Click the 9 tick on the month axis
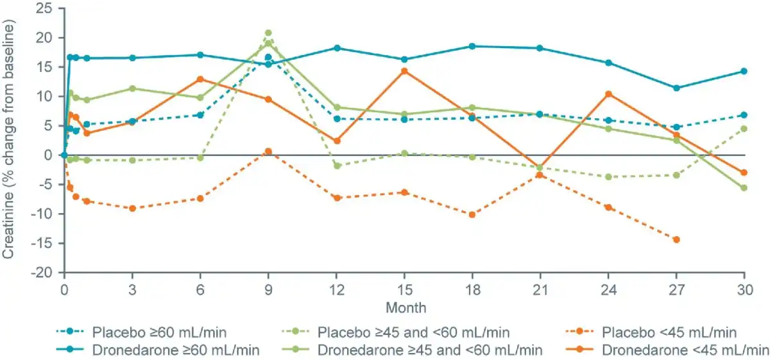[268, 288]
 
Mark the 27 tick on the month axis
[676, 288]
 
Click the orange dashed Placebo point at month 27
[676, 239]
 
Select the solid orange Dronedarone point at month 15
[404, 71]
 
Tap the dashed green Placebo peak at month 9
[268, 33]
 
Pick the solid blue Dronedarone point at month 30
[744, 71]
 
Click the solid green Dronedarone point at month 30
[744, 188]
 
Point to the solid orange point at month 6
[200, 79]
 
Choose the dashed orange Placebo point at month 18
[472, 214]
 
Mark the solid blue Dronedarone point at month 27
[676, 88]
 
